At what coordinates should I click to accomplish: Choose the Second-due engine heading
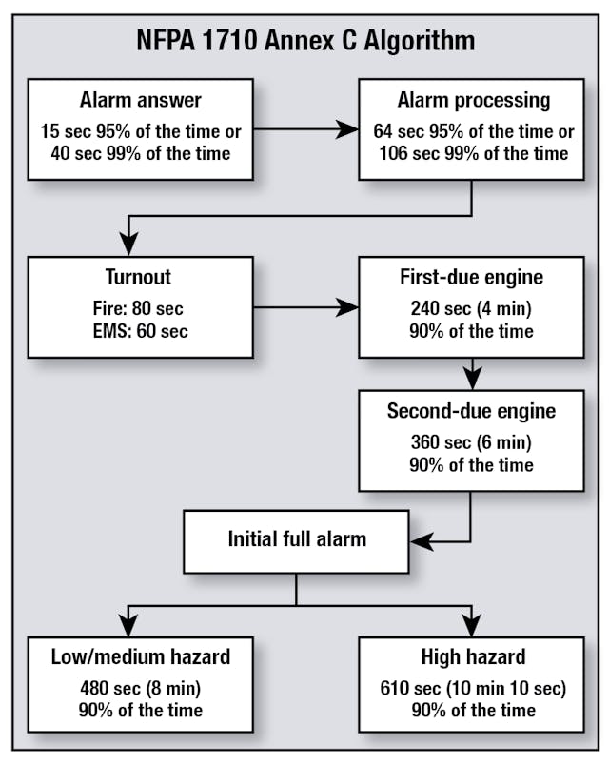(471, 412)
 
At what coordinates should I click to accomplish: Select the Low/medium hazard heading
(140, 656)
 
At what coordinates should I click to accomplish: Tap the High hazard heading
(471, 656)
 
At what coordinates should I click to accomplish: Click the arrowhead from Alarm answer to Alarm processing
(347, 130)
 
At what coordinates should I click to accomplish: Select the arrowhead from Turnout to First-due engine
(347, 307)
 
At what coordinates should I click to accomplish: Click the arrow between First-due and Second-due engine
(471, 373)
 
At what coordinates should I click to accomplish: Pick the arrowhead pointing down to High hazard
(471, 625)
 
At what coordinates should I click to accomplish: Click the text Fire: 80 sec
(140, 309)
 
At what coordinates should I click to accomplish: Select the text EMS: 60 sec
(140, 331)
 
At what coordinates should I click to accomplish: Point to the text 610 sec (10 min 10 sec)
(471, 688)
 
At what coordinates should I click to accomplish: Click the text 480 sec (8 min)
(140, 688)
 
